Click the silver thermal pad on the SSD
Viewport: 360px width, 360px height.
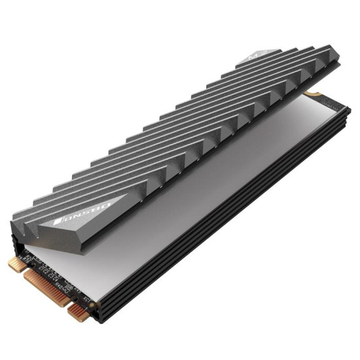pyautogui.click(x=196, y=190)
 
